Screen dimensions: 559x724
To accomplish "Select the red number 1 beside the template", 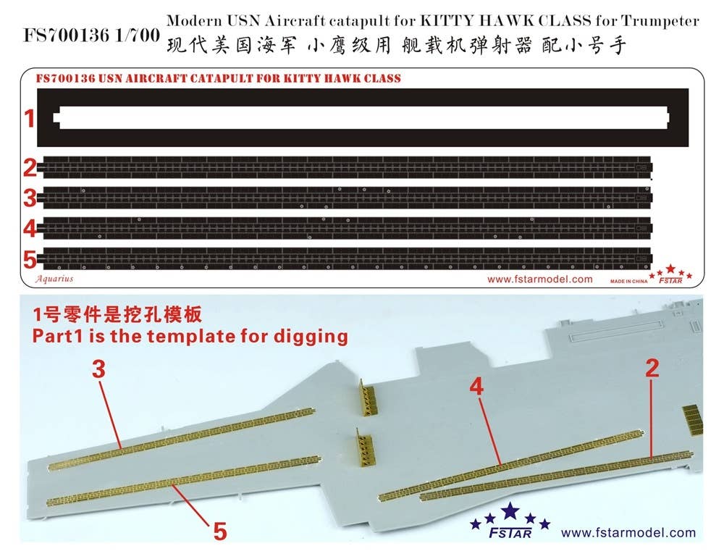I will pos(30,118).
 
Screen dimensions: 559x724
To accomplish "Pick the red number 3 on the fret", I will pos(30,197).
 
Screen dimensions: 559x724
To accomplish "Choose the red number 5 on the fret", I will pos(30,257).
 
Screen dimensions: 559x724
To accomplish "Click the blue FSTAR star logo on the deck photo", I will pos(510,523).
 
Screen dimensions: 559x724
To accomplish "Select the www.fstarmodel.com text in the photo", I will pos(628,533).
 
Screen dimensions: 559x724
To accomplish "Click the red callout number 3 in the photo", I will pos(99,369).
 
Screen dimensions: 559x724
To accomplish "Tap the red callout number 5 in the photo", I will pos(219,531).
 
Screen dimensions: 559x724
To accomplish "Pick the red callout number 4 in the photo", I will pos(476,386).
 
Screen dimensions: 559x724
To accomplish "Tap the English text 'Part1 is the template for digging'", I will pos(190,336).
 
